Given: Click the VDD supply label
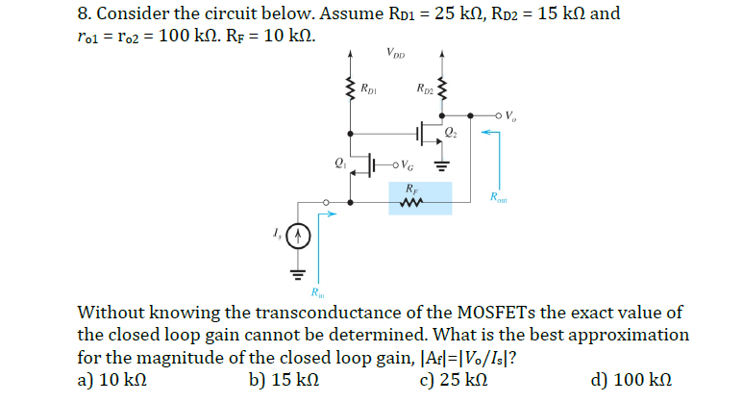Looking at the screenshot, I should click(394, 54).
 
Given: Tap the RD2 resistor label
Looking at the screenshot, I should click(427, 91).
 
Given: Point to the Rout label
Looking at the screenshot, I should click(496, 200).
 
